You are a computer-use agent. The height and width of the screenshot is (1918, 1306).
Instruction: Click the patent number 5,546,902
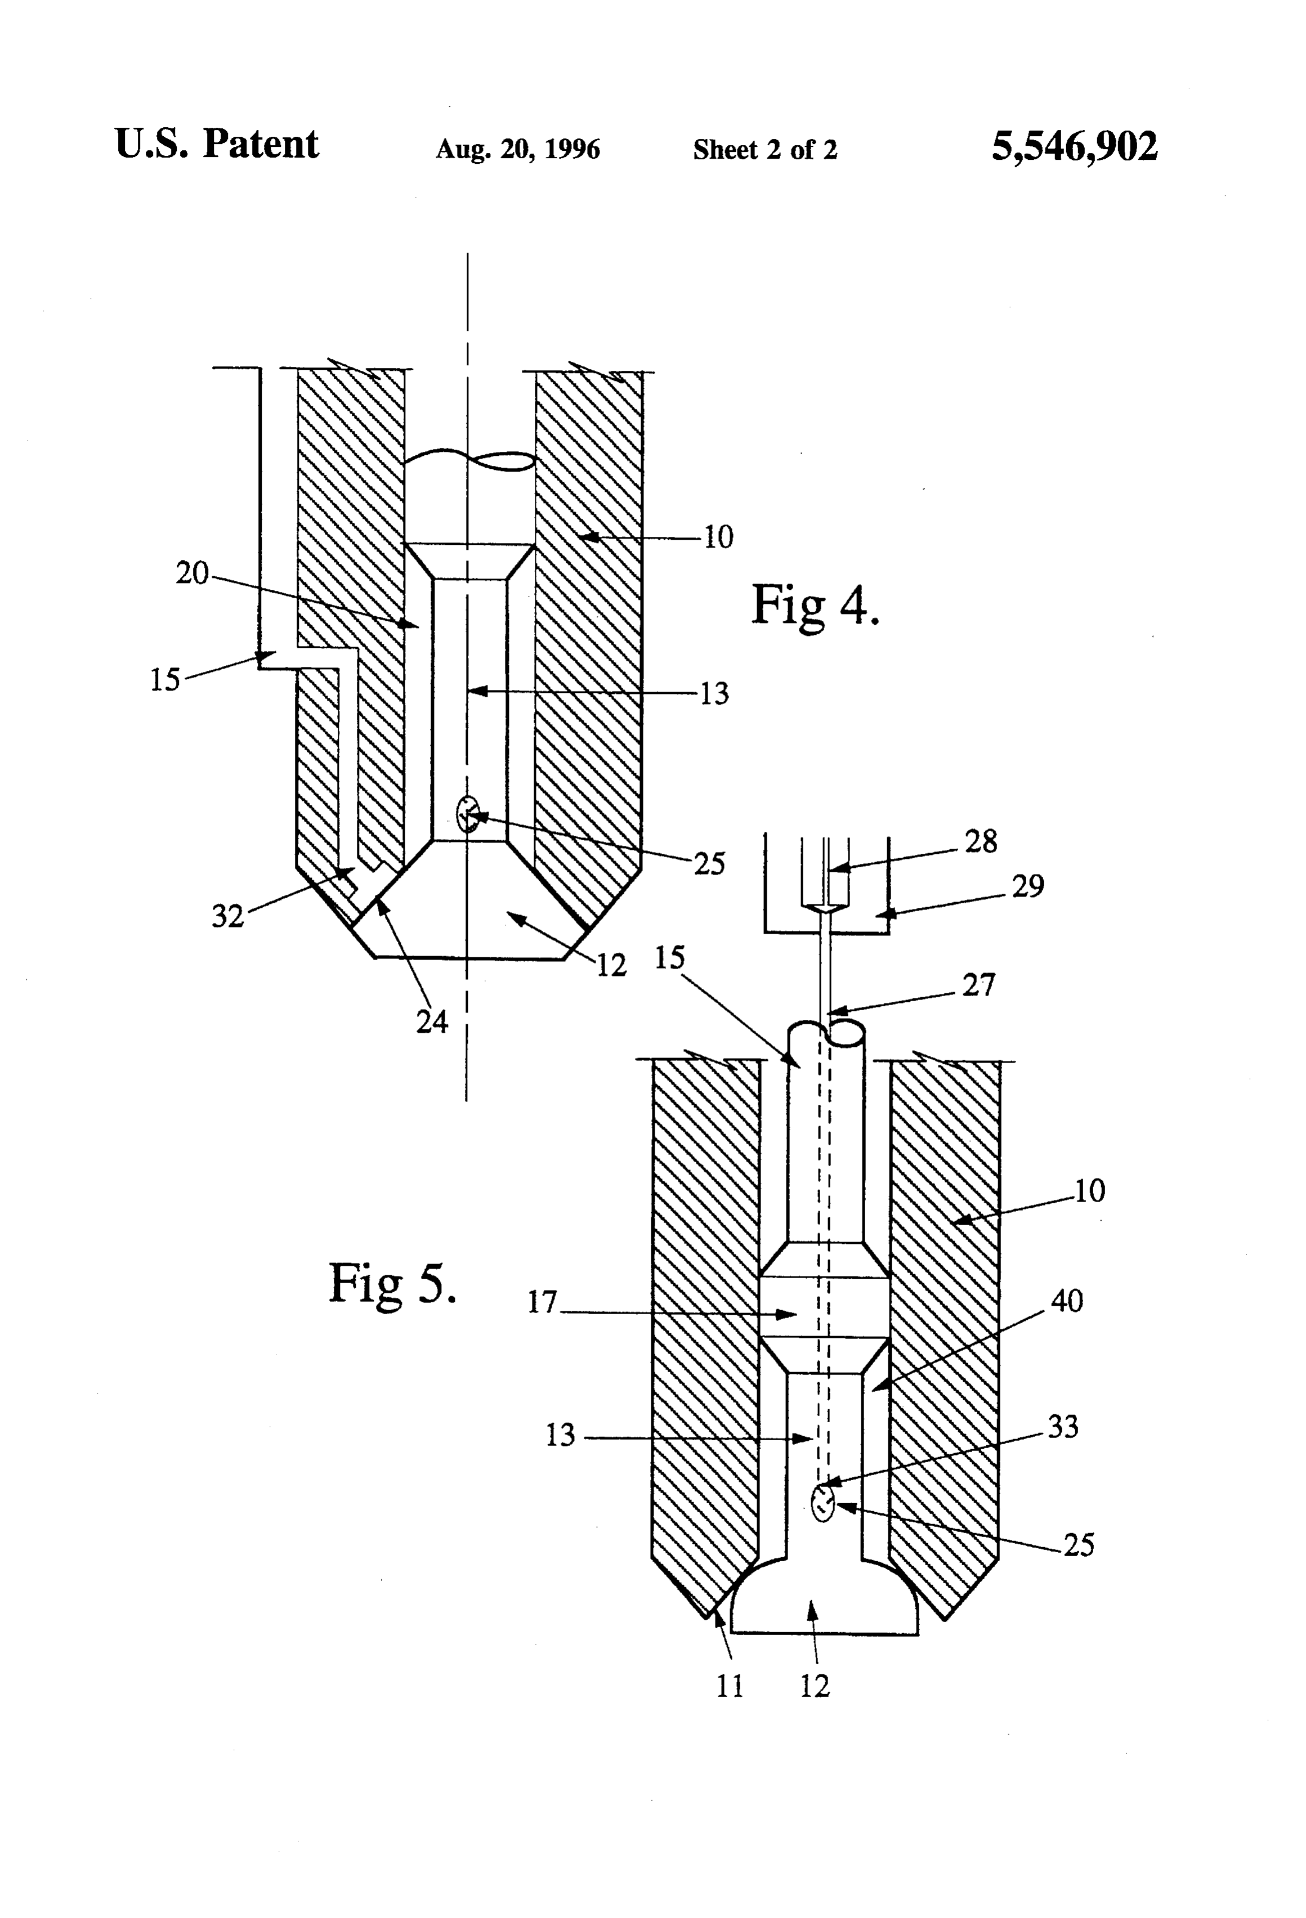click(1074, 147)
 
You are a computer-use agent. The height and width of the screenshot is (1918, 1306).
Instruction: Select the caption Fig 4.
click(815, 605)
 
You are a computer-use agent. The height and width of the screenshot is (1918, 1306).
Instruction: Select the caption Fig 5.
click(392, 1285)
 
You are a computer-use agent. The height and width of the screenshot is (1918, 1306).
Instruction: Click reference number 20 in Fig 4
click(193, 573)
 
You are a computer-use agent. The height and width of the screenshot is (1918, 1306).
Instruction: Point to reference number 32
click(228, 916)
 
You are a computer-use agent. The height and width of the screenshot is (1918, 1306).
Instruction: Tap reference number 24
click(432, 1021)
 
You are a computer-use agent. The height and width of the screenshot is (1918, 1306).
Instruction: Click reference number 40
click(1067, 1302)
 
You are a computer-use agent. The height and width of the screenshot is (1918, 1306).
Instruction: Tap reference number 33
click(1063, 1427)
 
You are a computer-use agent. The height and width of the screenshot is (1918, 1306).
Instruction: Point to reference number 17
click(543, 1302)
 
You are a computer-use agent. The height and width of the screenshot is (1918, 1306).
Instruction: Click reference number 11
click(730, 1686)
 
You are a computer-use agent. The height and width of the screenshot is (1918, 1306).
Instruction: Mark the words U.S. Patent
click(216, 145)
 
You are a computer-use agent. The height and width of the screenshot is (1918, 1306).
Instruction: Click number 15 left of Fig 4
click(165, 680)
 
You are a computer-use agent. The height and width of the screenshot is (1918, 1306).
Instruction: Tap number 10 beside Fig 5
click(1090, 1191)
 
